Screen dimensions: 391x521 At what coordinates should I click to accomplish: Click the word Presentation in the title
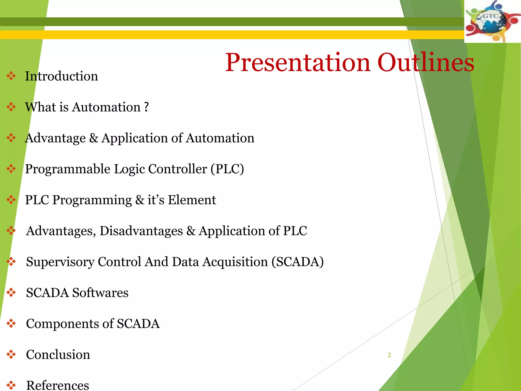pos(298,63)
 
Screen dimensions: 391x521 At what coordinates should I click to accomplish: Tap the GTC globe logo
pos(492,22)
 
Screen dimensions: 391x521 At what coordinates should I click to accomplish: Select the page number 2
pos(389,355)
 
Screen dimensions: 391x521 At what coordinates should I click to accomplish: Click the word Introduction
pos(61,76)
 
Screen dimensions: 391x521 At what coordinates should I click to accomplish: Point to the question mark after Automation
pos(146,107)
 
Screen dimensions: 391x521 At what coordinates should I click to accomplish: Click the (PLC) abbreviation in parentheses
pos(227,169)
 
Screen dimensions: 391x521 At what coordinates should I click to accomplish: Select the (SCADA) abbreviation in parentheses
pos(297,262)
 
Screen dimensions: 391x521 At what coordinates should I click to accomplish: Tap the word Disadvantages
pos(141,231)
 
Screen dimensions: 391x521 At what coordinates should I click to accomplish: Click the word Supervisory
pos(60,262)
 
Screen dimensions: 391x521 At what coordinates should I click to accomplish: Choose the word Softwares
pos(100,293)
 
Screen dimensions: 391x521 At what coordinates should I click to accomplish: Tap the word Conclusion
pos(58,355)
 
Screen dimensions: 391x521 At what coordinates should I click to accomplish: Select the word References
pos(58,385)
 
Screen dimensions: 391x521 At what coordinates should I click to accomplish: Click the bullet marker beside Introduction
pos(11,76)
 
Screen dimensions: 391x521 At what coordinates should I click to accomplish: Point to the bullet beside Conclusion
pos(11,354)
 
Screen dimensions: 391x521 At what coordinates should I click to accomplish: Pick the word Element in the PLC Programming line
pos(192,200)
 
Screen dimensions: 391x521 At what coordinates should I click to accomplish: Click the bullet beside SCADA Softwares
pos(11,293)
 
